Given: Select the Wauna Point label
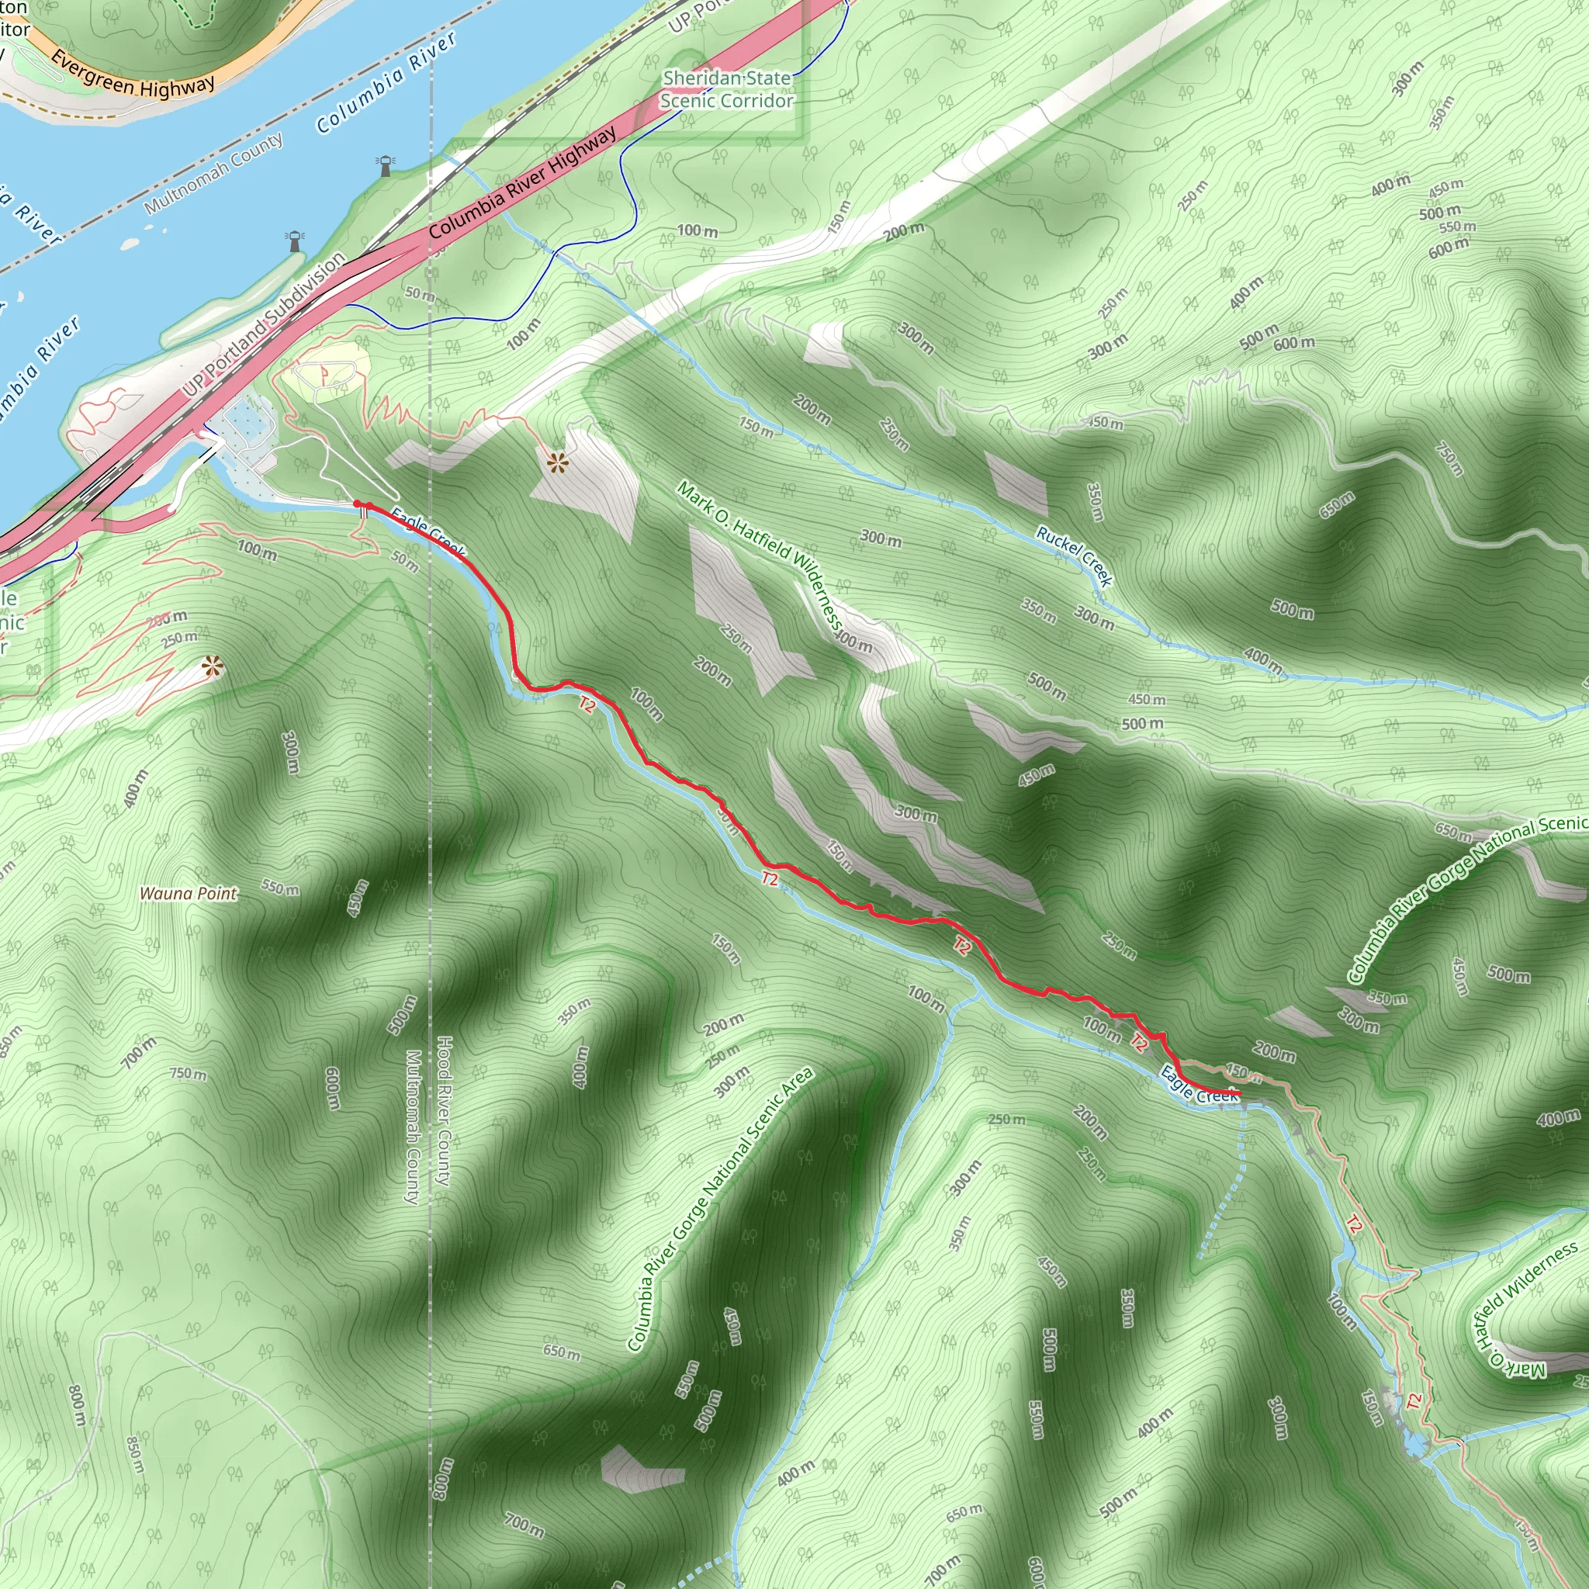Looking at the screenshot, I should coord(189,893).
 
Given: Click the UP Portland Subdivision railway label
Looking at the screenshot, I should coord(263,325).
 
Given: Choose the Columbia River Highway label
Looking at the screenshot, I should coord(522,182).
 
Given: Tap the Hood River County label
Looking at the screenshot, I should coord(443,1111).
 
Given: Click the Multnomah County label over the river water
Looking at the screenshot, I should coord(213,174).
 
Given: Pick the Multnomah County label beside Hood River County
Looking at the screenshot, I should coord(413,1127).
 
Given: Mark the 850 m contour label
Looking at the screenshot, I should coord(136,1455).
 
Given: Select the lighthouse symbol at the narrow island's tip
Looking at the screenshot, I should coord(294,241).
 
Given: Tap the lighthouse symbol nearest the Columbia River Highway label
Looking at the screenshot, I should coord(385,165).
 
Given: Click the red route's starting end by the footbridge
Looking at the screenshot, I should coord(358,504).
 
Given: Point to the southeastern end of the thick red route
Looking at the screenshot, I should coord(1237,1093).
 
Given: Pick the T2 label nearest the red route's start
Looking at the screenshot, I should coord(587,704).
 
